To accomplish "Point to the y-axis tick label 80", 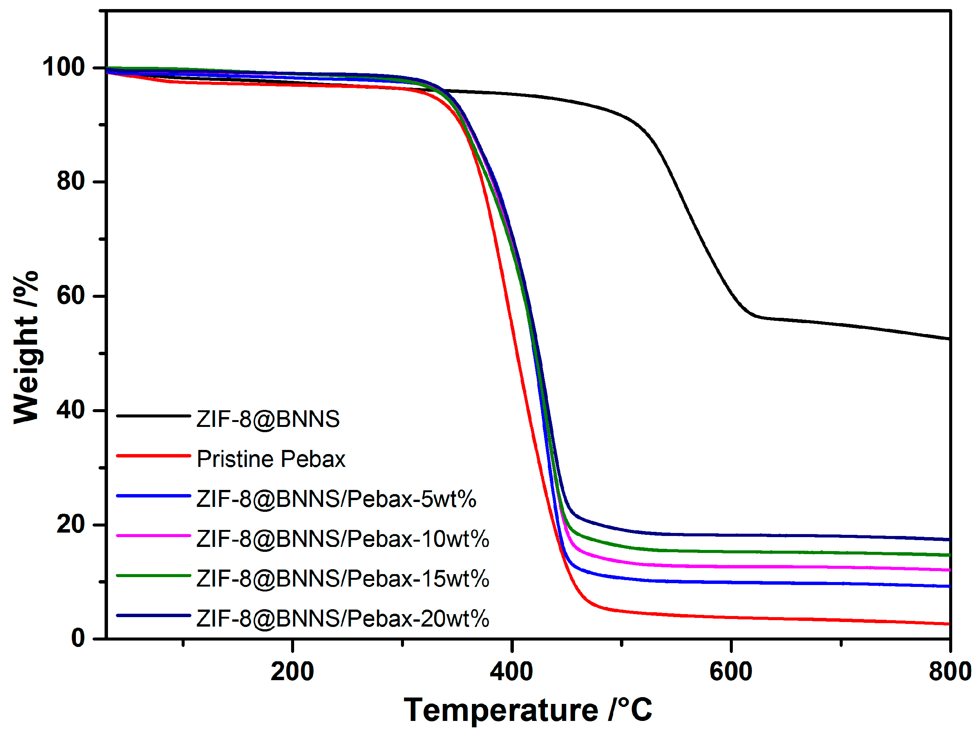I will coord(71,182).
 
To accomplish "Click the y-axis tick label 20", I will coord(71,524).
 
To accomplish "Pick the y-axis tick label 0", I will coord(78,638).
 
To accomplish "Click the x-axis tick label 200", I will coord(292,671).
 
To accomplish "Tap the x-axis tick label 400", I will coord(511,671).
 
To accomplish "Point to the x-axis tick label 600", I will coord(731,671).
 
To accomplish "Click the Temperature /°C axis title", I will coord(528,710).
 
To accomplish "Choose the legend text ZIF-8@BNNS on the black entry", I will coord(268,419).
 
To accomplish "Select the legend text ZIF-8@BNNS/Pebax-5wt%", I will coord(336,499).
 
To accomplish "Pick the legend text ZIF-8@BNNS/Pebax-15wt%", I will coord(342,579).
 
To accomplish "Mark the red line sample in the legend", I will coord(154,456).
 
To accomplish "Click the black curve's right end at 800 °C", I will coord(949,339).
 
